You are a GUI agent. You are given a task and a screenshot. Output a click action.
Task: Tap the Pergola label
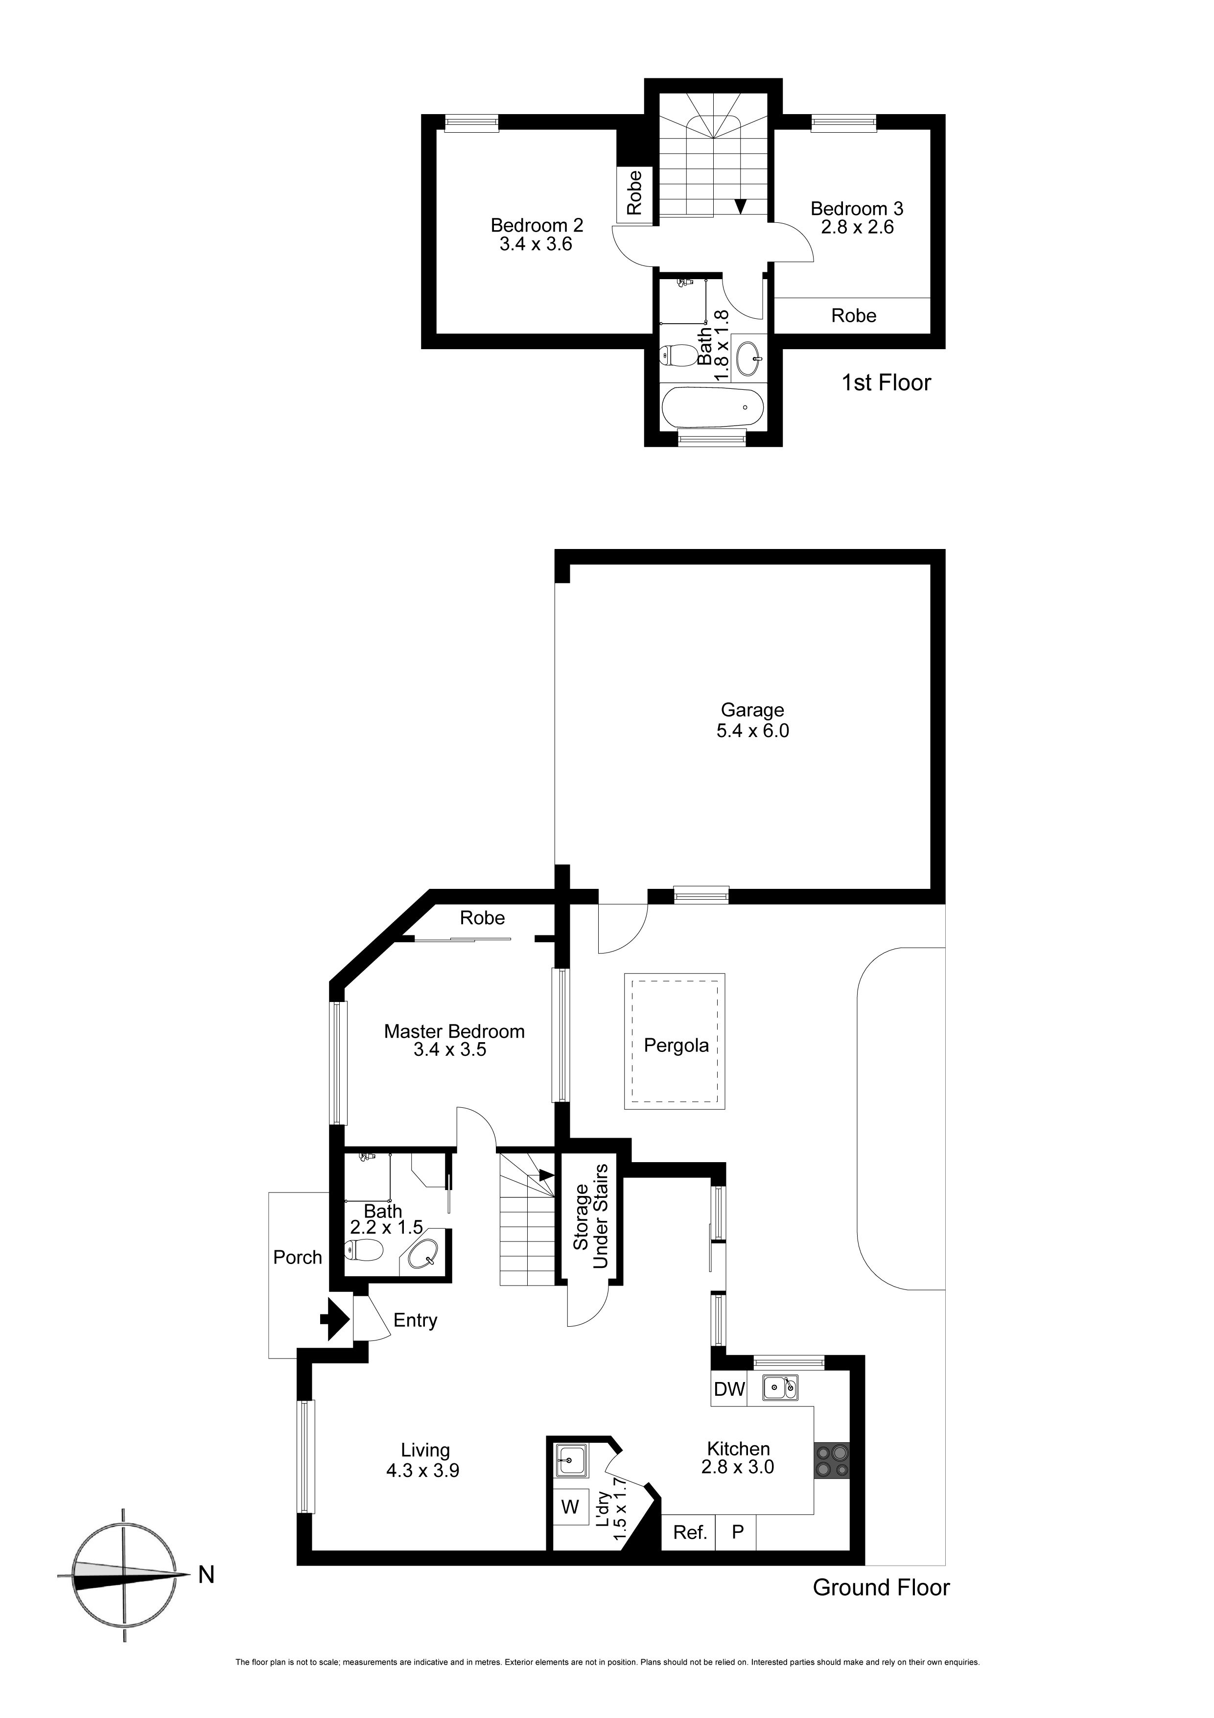pyautogui.click(x=676, y=1045)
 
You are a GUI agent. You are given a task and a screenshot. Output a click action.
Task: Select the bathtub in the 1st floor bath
pyautogui.click(x=712, y=407)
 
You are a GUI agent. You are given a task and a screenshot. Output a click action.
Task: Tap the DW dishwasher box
pyautogui.click(x=729, y=1389)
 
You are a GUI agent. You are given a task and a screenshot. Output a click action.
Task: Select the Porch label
pyautogui.click(x=298, y=1257)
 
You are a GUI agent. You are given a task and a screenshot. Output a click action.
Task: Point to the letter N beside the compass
pyautogui.click(x=207, y=1575)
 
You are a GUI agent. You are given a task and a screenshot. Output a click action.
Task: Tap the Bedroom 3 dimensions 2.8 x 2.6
pyautogui.click(x=857, y=227)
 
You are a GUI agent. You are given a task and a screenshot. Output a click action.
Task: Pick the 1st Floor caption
pyautogui.click(x=887, y=382)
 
